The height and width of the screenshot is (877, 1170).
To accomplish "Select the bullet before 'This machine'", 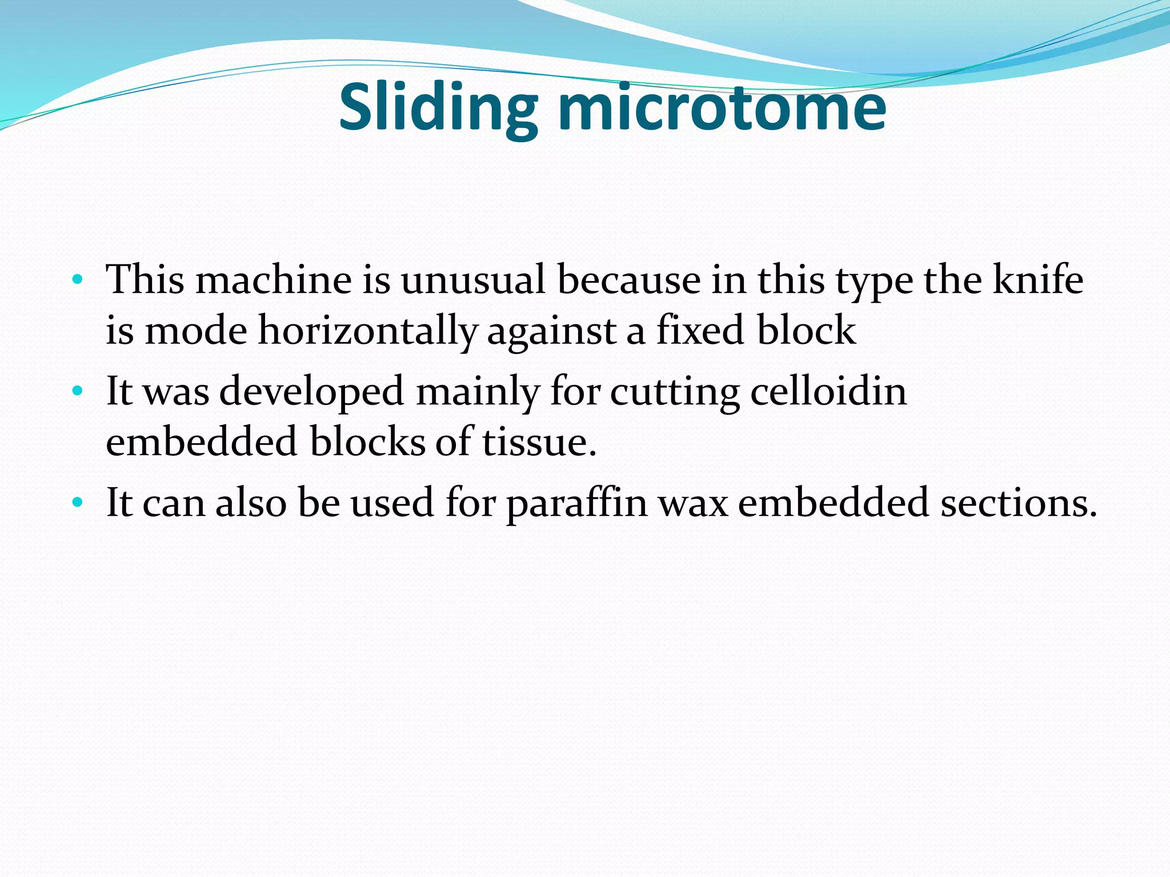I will click(x=78, y=280).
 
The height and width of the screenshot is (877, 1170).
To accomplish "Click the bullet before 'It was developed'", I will click(x=78, y=392).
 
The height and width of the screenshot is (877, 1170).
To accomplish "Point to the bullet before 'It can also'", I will click(x=78, y=503).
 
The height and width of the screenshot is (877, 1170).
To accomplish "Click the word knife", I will click(x=1037, y=280).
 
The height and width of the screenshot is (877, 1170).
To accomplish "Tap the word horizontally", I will click(x=367, y=331).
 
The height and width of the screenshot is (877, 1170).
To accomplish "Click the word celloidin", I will click(x=828, y=392).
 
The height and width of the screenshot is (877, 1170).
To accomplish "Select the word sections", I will click(x=1019, y=503).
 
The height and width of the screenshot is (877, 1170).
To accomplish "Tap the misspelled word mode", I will click(x=195, y=331).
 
